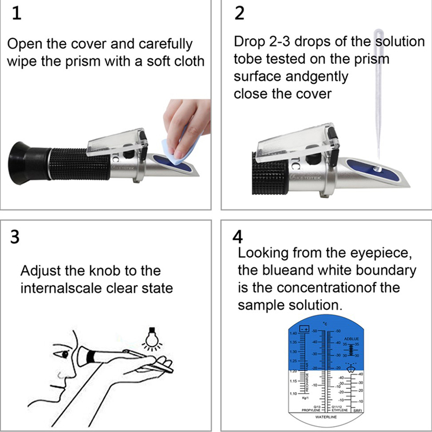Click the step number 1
pos(17,14)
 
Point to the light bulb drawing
pos(152,337)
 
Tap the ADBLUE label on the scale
pos(351,339)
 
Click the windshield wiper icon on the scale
pos(352,369)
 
